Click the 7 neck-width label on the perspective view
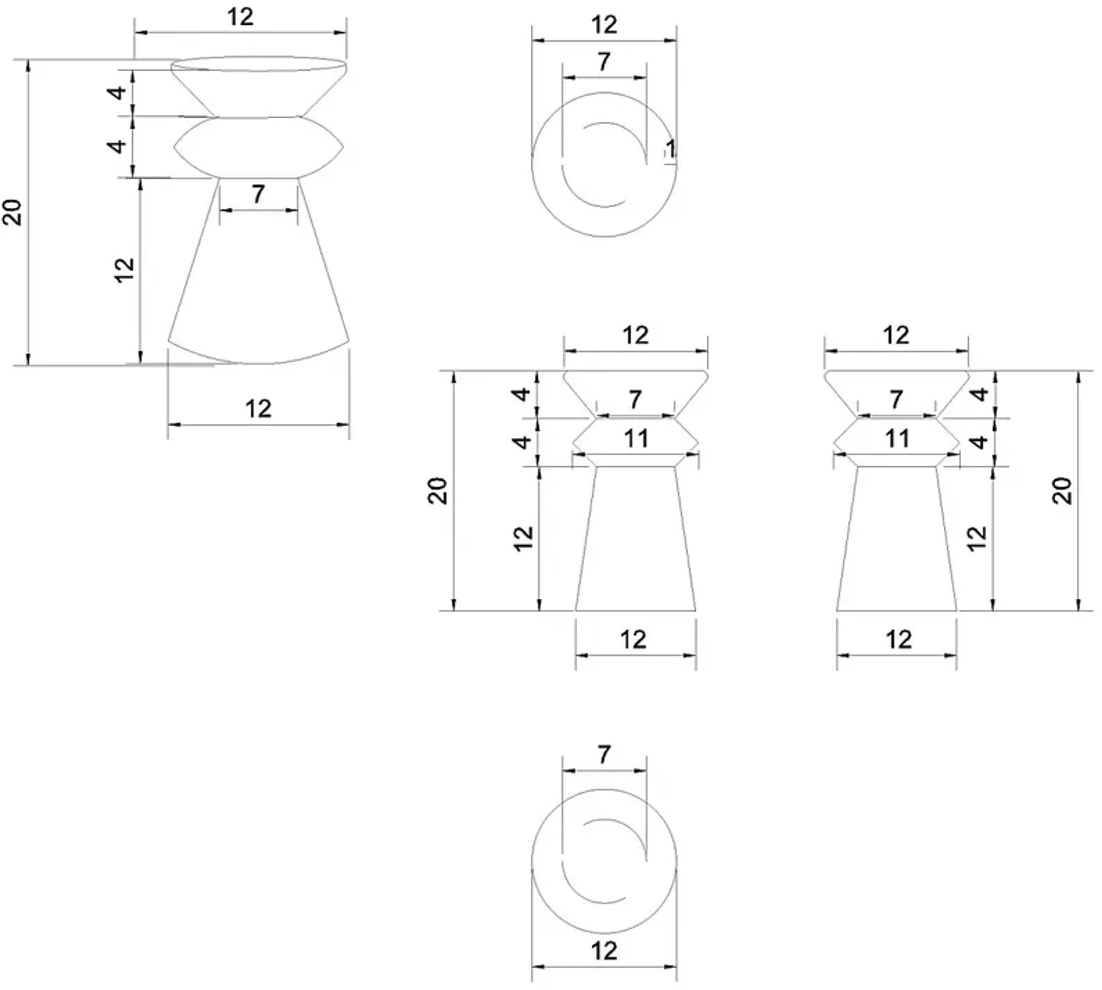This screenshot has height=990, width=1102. tap(258, 194)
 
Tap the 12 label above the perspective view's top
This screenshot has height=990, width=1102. tap(240, 18)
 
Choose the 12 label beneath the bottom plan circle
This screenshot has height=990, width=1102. tap(604, 951)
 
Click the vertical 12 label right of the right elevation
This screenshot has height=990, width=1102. tap(977, 538)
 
